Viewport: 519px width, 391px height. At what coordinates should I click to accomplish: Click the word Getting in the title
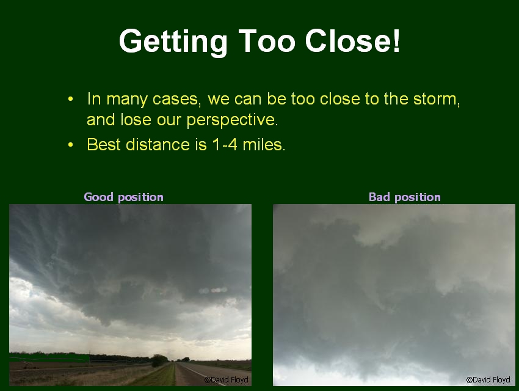tap(173, 42)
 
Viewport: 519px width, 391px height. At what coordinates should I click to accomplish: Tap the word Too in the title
tap(266, 41)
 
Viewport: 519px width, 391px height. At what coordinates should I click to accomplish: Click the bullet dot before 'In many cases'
tap(70, 99)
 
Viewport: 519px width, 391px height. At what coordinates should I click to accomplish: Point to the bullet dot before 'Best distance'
tap(70, 145)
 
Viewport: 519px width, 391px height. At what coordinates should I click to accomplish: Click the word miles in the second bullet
tap(263, 145)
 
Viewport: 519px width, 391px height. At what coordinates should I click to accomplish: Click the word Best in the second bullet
tap(104, 145)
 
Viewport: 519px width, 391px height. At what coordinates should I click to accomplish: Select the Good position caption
tap(124, 197)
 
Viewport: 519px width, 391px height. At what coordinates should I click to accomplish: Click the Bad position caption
tap(405, 197)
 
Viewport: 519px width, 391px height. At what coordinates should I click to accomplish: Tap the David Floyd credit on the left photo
tap(227, 380)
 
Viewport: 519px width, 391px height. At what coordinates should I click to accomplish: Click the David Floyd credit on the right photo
tap(488, 380)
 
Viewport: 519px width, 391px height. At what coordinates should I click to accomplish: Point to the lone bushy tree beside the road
tap(159, 360)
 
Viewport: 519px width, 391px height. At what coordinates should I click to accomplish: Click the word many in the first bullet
tap(126, 100)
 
